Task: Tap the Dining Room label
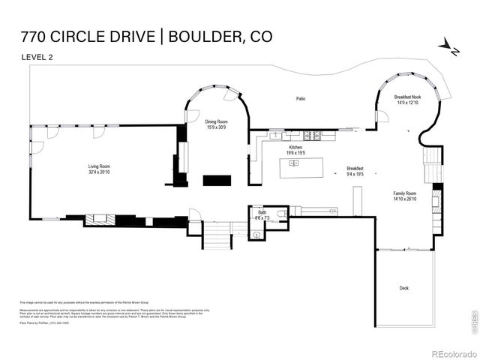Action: (x=216, y=121)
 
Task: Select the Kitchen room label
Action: (x=295, y=148)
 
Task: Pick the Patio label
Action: (x=300, y=98)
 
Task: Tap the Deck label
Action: (x=404, y=287)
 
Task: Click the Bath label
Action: (x=262, y=213)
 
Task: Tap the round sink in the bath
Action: (x=256, y=235)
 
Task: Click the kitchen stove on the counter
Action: (x=316, y=135)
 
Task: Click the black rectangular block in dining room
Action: (x=219, y=180)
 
